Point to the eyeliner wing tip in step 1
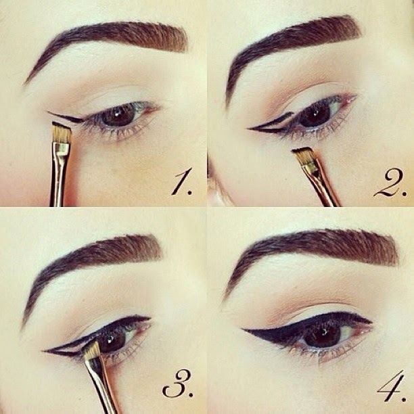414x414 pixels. tap(49, 112)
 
